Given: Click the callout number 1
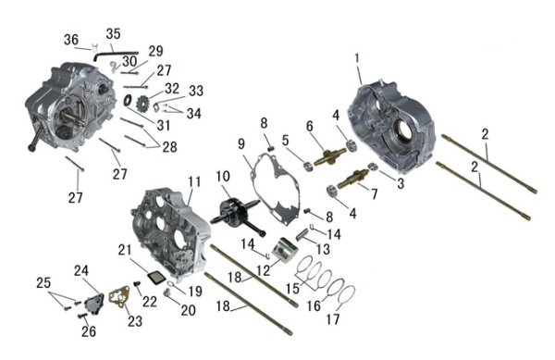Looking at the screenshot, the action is pos(357,58).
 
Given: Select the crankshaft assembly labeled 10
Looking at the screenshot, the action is pos(237,214).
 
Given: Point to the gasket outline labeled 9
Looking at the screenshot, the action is pos(275,187).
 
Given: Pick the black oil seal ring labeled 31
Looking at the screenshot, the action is pos(128,101).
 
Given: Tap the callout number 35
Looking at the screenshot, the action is pos(113,34).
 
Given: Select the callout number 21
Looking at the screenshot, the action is pos(125,250).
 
